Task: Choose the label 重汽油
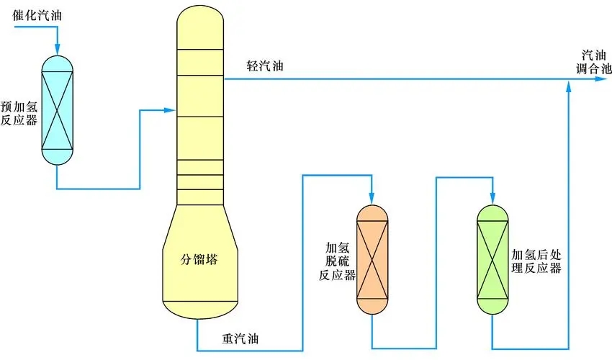[x=242, y=337]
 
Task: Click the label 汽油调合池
[x=596, y=63]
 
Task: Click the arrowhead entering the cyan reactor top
[x=58, y=47]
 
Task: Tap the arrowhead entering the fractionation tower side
[x=171, y=110]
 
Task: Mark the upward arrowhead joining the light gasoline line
[x=570, y=86]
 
